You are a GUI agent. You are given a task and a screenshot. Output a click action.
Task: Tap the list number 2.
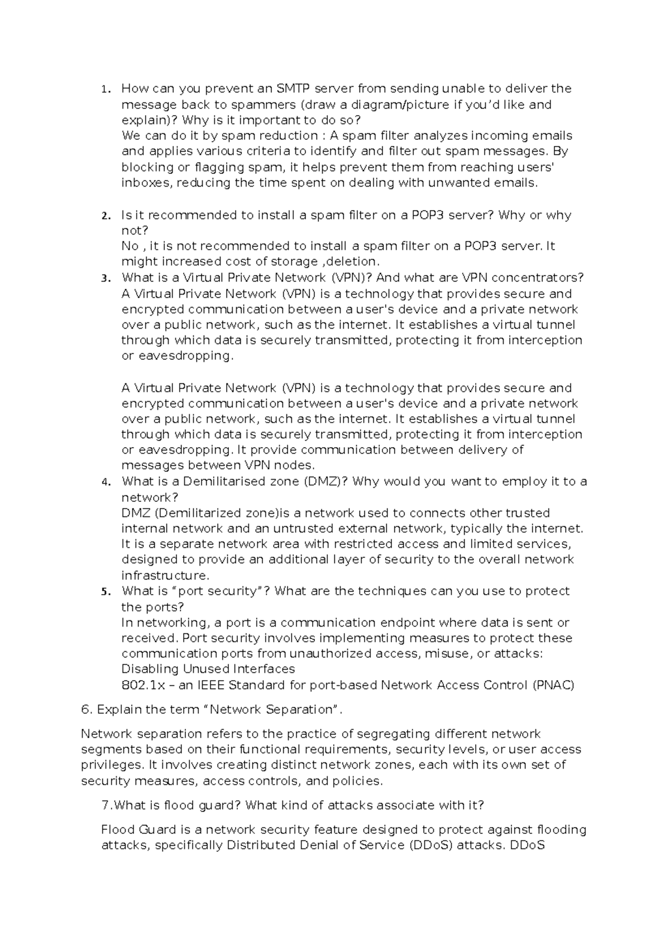tap(106, 216)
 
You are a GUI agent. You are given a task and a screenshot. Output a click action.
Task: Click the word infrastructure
tap(165, 576)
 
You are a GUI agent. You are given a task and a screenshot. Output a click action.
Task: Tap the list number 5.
tap(106, 592)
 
